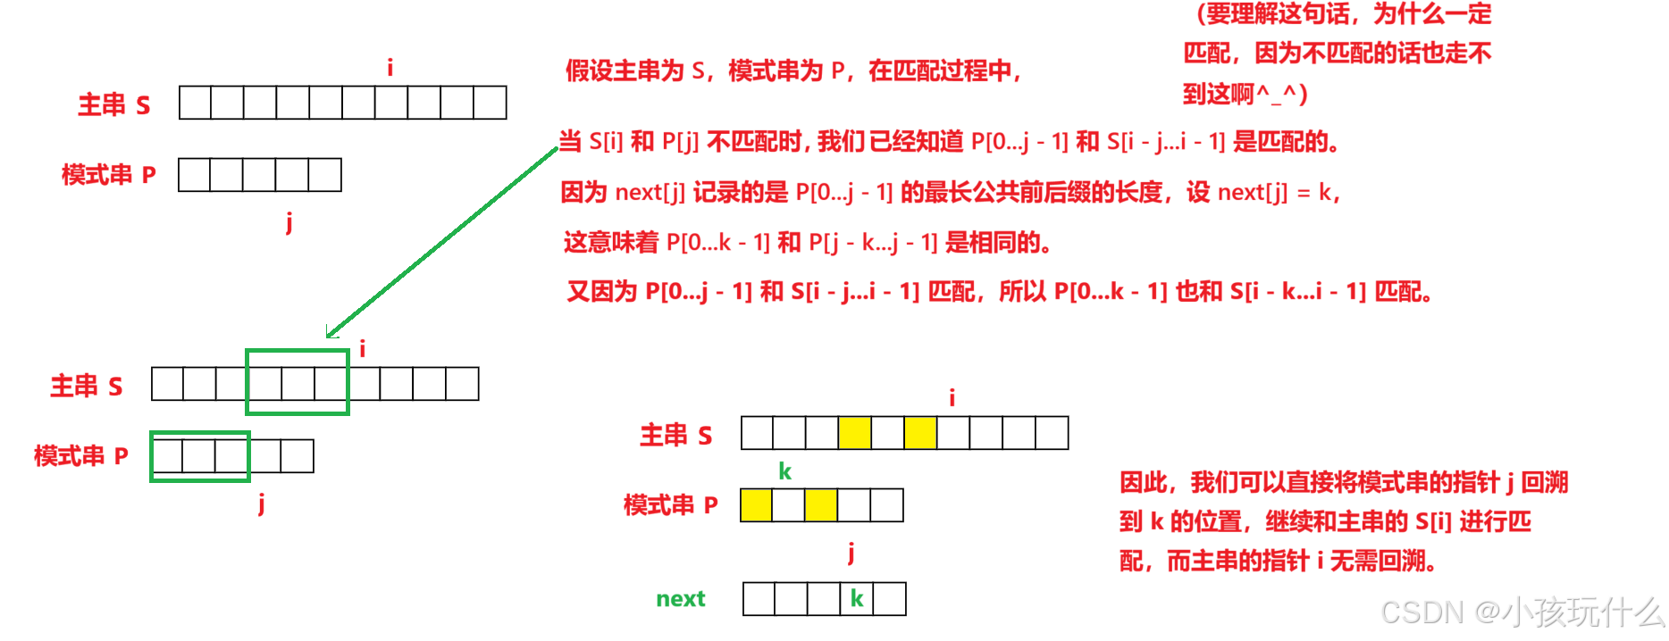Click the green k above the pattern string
pos(784,471)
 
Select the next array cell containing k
pos(856,599)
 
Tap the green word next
pos(681,599)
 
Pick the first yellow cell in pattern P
pos(756,505)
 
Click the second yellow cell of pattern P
pos(821,505)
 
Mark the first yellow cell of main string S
pos(854,433)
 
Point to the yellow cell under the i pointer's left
pos(920,433)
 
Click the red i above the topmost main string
pos(390,67)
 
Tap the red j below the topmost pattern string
pos(289,221)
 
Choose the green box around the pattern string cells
pos(151,456)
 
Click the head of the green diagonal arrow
pos(327,337)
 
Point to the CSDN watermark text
pos(1522,612)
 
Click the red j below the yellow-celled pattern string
pos(851,553)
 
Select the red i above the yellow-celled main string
pos(952,397)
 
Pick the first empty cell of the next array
pos(759,599)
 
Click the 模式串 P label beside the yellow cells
pos(671,505)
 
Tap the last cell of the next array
pos(889,599)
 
